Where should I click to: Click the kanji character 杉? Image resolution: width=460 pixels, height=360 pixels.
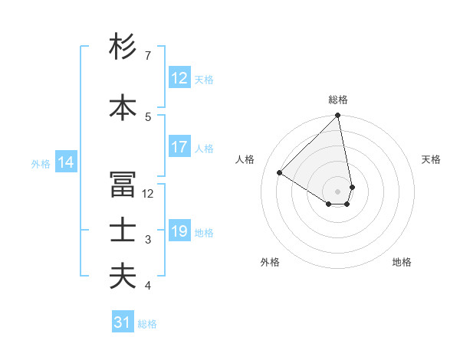point(123,48)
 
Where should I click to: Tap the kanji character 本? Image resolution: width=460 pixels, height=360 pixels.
point(123,108)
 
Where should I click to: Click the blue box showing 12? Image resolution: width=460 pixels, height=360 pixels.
point(179,78)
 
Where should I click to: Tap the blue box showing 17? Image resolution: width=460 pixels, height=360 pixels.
point(179,148)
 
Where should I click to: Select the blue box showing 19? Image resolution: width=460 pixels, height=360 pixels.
point(179,232)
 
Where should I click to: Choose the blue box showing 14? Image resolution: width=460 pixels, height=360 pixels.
point(66,162)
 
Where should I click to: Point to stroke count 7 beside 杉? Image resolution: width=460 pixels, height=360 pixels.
point(148,56)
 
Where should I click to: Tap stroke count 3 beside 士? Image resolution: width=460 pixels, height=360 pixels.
point(148,240)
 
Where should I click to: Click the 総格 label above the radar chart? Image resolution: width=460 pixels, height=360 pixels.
point(338,100)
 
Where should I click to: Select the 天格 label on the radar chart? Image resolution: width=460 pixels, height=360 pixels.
point(431,159)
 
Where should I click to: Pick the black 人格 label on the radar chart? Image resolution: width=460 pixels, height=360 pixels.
point(245,159)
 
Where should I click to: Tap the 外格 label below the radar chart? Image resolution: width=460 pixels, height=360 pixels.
point(270,262)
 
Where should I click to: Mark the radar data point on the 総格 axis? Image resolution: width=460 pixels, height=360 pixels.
point(338,116)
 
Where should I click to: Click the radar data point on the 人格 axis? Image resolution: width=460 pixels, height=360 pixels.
point(280,173)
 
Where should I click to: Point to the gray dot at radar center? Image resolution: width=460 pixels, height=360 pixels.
point(338,191)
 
